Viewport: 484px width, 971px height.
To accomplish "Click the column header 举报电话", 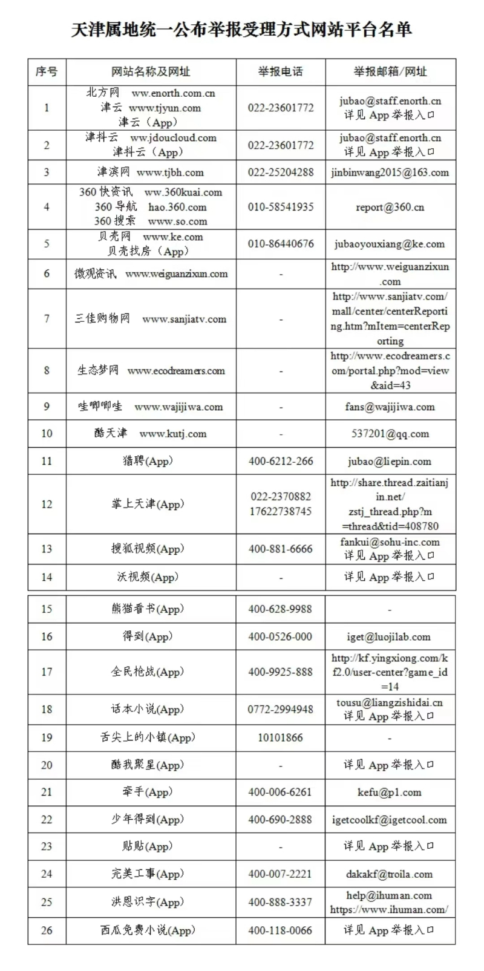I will pyautogui.click(x=280, y=71).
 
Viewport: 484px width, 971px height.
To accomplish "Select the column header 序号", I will pyautogui.click(x=47, y=71).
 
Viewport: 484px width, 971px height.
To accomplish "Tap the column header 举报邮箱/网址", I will pyautogui.click(x=390, y=71).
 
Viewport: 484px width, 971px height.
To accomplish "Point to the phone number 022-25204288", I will pyautogui.click(x=281, y=172).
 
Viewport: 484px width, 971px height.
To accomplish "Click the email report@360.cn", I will pyautogui.click(x=390, y=207).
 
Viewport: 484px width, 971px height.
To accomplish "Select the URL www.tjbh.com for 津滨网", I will pyautogui.click(x=170, y=172).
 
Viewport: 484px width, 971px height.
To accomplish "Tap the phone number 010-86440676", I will pyautogui.click(x=281, y=244).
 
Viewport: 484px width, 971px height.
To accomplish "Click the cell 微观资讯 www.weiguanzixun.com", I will pyautogui.click(x=151, y=273).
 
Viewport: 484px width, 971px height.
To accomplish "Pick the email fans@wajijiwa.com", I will pyautogui.click(x=390, y=407).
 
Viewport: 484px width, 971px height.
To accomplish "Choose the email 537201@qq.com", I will pyautogui.click(x=390, y=433).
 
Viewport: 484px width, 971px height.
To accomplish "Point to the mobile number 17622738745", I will pyautogui.click(x=281, y=511).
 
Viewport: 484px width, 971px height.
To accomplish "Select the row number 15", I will pyautogui.click(x=47, y=609).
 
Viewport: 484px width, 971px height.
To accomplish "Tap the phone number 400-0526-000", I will pyautogui.click(x=280, y=636).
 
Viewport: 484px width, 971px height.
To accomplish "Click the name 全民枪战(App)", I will pyautogui.click(x=147, y=672).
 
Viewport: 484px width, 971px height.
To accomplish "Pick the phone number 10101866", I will pyautogui.click(x=280, y=737).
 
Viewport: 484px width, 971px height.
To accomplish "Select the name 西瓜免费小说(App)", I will pyautogui.click(x=148, y=930).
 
